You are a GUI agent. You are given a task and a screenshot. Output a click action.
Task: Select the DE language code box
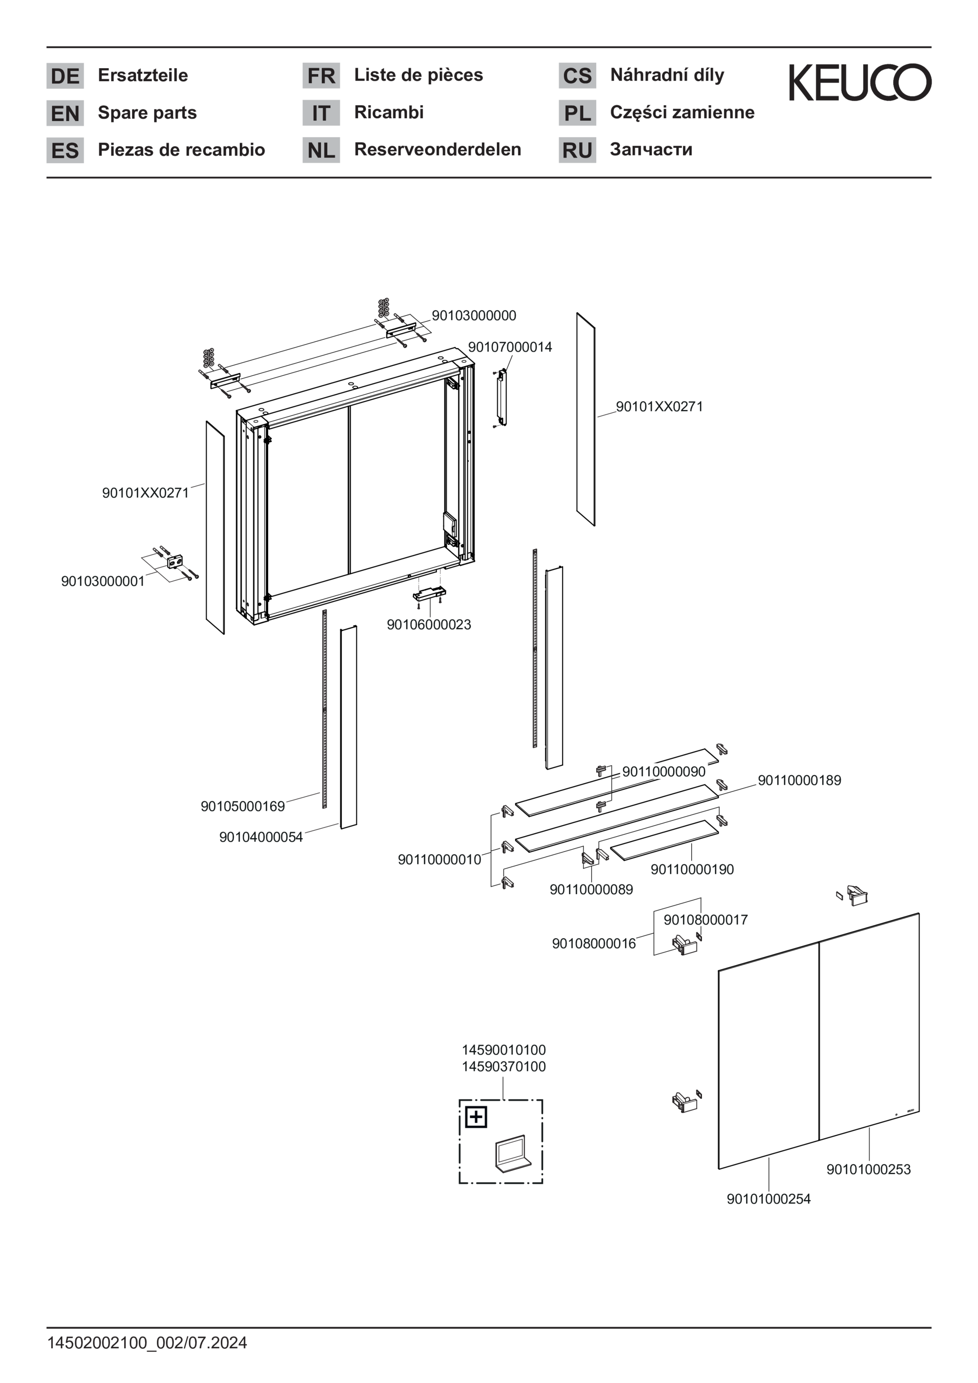[65, 76]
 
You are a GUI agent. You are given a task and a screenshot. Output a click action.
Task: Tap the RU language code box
[577, 150]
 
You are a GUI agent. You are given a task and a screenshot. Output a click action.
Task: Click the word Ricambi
[389, 112]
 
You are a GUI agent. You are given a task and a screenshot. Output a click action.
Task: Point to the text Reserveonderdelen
[438, 149]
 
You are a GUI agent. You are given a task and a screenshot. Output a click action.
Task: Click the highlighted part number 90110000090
[663, 772]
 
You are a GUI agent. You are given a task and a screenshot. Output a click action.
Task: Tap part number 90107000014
[510, 347]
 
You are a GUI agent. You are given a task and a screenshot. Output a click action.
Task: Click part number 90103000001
[103, 581]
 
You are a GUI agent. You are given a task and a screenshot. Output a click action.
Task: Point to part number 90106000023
[428, 625]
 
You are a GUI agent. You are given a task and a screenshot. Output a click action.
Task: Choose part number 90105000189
[242, 807]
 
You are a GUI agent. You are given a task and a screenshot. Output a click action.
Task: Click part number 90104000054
[260, 837]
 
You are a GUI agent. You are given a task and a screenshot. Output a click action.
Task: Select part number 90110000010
[439, 859]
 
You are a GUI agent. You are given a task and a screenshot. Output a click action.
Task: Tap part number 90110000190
[692, 869]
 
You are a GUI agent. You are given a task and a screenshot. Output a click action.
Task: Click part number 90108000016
[593, 943]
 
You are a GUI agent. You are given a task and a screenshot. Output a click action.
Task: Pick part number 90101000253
[868, 1169]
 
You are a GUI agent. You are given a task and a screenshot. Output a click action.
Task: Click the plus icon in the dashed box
[476, 1117]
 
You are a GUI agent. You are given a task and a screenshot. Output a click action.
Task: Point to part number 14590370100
[504, 1067]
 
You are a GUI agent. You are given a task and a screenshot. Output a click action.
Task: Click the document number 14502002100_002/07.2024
[147, 1343]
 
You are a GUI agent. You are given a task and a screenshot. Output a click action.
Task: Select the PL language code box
[577, 113]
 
